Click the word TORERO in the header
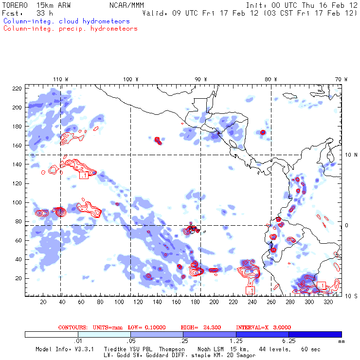[x=13, y=5]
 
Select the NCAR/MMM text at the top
[x=123, y=5]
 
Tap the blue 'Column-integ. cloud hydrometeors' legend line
[x=66, y=21]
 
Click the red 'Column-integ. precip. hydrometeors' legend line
[x=70, y=29]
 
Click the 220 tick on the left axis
[x=17, y=89]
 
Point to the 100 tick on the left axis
[x=17, y=202]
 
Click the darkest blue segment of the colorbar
[x=315, y=334]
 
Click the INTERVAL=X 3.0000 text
[x=260, y=327]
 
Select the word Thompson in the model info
[x=171, y=349]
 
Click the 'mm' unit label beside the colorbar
[x=341, y=342]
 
